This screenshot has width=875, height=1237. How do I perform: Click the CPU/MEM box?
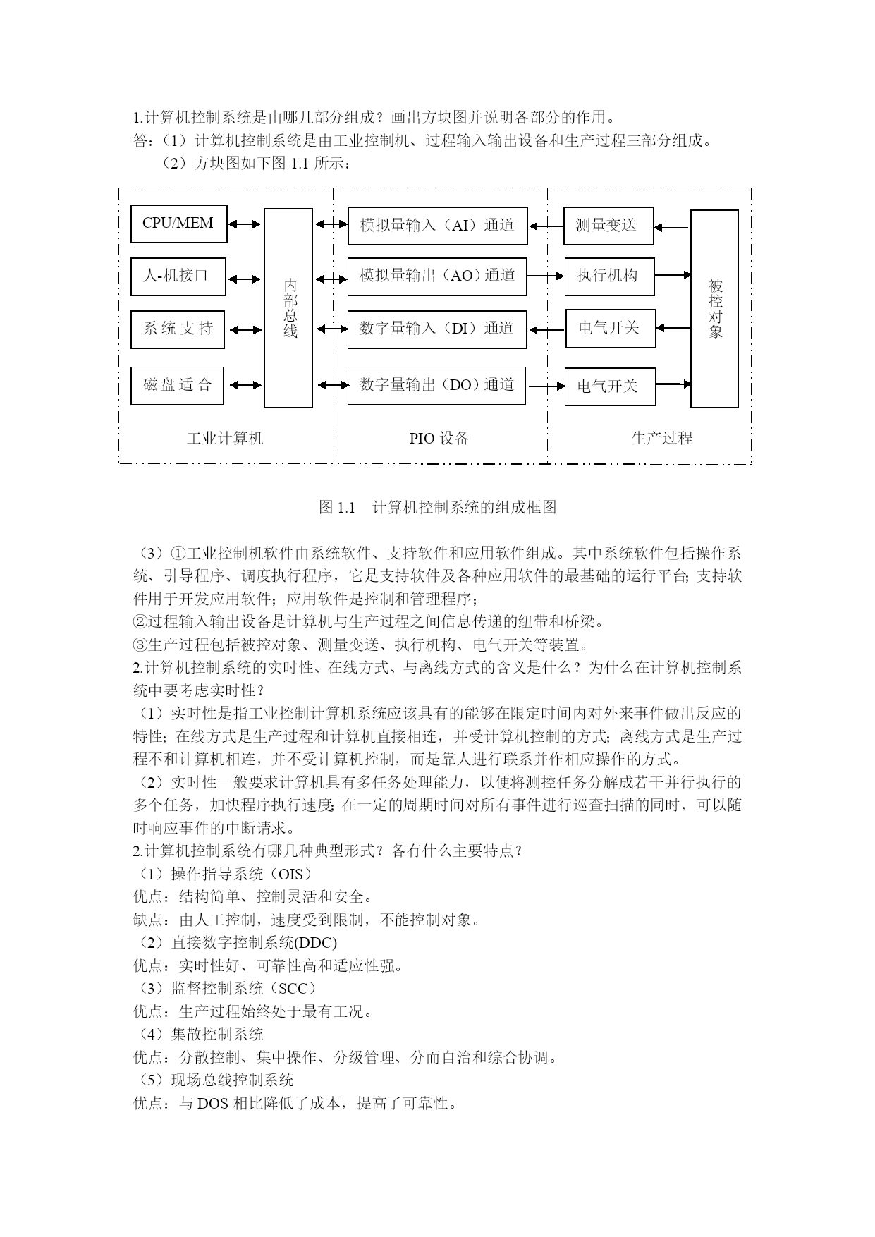coord(179,224)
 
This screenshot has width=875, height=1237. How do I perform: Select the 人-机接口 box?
coord(178,276)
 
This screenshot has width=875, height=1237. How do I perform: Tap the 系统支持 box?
coord(178,329)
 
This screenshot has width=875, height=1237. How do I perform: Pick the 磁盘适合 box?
coord(177,385)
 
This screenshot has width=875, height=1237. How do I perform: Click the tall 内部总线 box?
coord(288,307)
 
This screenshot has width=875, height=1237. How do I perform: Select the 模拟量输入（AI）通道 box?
coord(438,226)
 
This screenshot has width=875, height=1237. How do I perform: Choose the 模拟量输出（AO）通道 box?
coord(437,276)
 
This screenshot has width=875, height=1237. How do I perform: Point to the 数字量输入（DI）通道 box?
coord(437,329)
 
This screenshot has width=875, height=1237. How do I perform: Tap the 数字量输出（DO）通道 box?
coord(436,385)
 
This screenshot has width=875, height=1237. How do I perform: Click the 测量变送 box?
coord(608,226)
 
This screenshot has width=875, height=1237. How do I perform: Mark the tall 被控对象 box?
coord(714,308)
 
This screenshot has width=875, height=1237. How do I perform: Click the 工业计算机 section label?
coord(225,439)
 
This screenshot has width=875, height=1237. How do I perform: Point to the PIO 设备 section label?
coord(439,439)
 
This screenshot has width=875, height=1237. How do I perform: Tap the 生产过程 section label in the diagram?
coord(662,439)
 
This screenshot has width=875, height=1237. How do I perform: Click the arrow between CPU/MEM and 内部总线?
coord(245,224)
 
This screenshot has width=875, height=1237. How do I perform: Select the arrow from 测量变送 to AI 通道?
coord(546,226)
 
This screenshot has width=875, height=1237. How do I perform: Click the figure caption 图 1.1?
coord(336,507)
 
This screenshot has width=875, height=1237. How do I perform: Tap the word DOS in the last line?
coord(212,1104)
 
